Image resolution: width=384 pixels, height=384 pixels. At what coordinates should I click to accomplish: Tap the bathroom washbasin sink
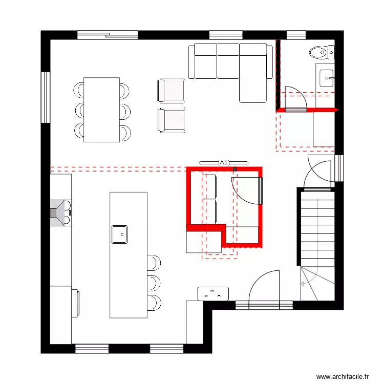326,78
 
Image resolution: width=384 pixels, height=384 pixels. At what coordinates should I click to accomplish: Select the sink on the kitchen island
120,234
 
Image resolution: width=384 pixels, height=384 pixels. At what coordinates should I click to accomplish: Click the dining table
101,110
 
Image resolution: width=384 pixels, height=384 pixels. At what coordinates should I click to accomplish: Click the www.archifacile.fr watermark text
343,376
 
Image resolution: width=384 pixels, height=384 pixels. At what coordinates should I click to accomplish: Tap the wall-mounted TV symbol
224,162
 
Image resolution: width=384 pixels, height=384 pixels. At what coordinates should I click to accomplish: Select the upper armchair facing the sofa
171,91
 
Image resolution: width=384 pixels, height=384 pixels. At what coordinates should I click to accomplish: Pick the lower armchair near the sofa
171,121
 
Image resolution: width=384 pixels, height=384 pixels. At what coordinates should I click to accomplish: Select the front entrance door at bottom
264,292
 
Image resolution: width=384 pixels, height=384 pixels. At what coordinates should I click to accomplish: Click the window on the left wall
46,97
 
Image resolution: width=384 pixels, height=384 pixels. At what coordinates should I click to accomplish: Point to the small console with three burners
213,293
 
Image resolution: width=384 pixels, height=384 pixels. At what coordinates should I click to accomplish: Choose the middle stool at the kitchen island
154,282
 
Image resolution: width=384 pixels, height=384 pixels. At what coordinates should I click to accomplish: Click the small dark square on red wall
236,168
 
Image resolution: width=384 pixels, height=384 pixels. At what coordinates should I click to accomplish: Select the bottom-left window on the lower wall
92,349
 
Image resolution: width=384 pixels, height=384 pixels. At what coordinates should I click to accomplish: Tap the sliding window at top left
108,35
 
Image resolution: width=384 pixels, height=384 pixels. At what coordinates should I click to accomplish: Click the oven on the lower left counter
76,303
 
